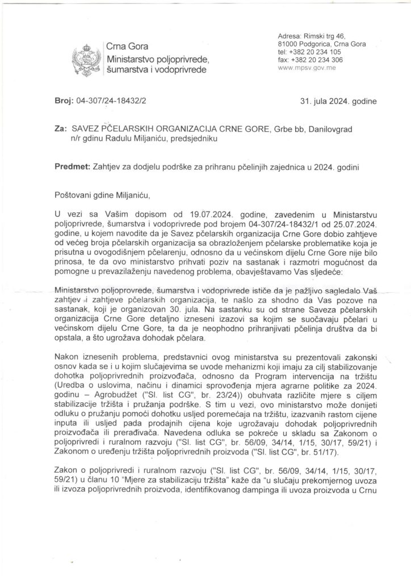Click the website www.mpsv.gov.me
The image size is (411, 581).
[305, 67]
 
